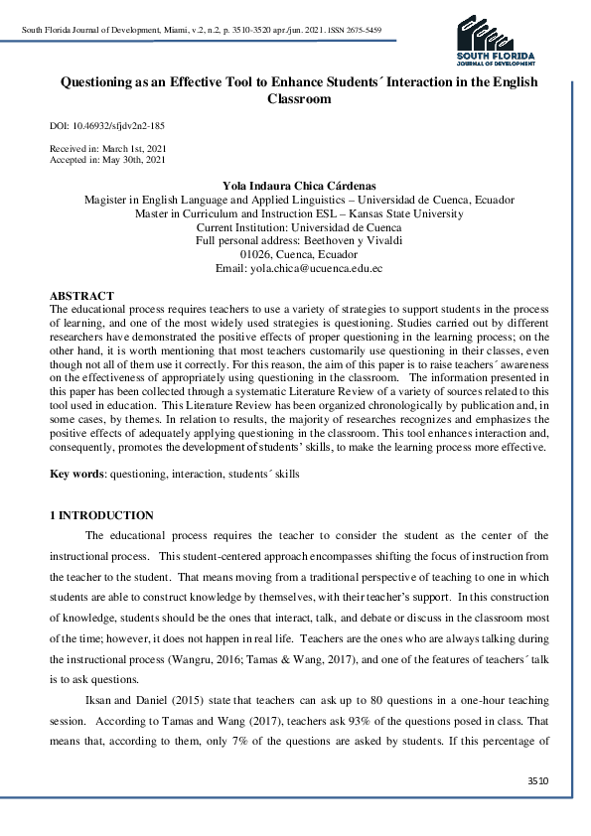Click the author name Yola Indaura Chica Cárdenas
(x=298, y=186)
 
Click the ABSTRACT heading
(x=81, y=296)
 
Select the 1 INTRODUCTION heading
(x=101, y=515)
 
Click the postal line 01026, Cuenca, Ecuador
(x=298, y=254)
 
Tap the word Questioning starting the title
(x=95, y=83)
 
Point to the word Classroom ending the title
(x=298, y=99)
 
